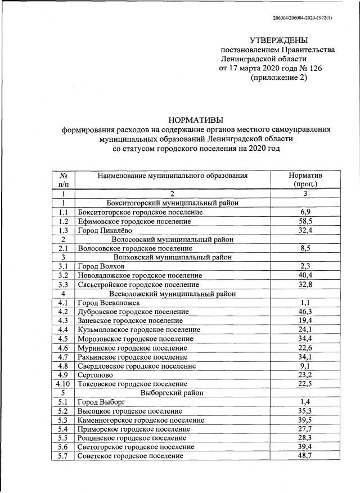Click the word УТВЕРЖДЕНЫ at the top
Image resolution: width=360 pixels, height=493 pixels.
click(x=279, y=40)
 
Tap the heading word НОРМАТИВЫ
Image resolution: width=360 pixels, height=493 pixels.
click(x=196, y=119)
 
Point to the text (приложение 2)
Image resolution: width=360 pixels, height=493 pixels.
click(x=279, y=78)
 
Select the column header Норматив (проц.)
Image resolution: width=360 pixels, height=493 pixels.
click(x=305, y=180)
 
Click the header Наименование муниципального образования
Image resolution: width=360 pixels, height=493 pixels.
click(x=173, y=176)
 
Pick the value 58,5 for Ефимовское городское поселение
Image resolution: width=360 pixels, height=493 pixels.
click(x=305, y=221)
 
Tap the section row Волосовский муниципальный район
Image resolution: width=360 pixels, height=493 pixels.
click(x=173, y=239)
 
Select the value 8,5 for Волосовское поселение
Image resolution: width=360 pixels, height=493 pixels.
click(x=305, y=248)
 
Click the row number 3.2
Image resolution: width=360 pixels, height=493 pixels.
click(x=64, y=275)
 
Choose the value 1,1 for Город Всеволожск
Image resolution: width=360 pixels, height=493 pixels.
click(x=305, y=302)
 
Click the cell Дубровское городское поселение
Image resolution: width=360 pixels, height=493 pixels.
click(x=134, y=311)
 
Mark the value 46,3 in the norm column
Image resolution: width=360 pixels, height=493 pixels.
click(x=305, y=311)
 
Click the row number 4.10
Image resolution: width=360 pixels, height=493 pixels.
click(x=64, y=383)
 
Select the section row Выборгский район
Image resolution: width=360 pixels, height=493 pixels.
click(x=173, y=392)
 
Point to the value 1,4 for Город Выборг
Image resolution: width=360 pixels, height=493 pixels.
click(x=305, y=401)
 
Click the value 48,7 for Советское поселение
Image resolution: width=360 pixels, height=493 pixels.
click(x=305, y=455)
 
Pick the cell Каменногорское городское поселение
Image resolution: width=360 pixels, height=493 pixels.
click(x=141, y=420)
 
